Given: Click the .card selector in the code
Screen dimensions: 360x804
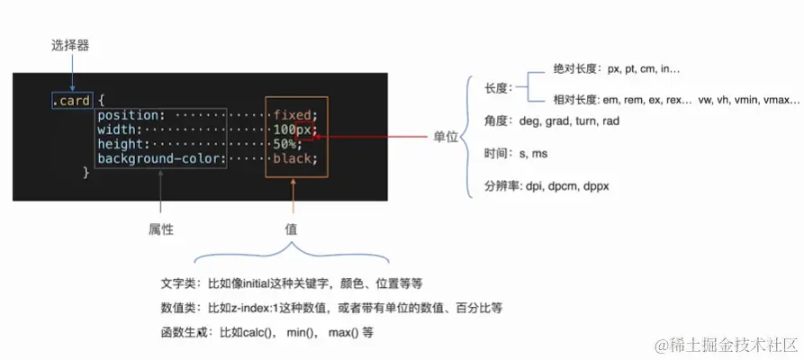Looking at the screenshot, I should pos(71,101).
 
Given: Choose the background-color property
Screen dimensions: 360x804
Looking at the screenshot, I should pos(159,158).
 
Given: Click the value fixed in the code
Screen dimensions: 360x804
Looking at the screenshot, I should pos(294,115).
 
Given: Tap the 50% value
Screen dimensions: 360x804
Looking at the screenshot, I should pos(287,144).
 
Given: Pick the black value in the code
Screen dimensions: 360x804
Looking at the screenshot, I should pos(294,158).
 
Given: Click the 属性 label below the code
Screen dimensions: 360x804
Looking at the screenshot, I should pos(160,229).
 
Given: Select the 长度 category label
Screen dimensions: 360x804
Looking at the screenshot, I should pos(497,88).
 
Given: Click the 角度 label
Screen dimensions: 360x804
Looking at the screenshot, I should pos(497,121).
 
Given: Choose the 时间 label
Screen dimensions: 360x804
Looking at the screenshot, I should pos(497,154).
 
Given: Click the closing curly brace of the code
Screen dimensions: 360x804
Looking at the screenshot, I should pos(86,173).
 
